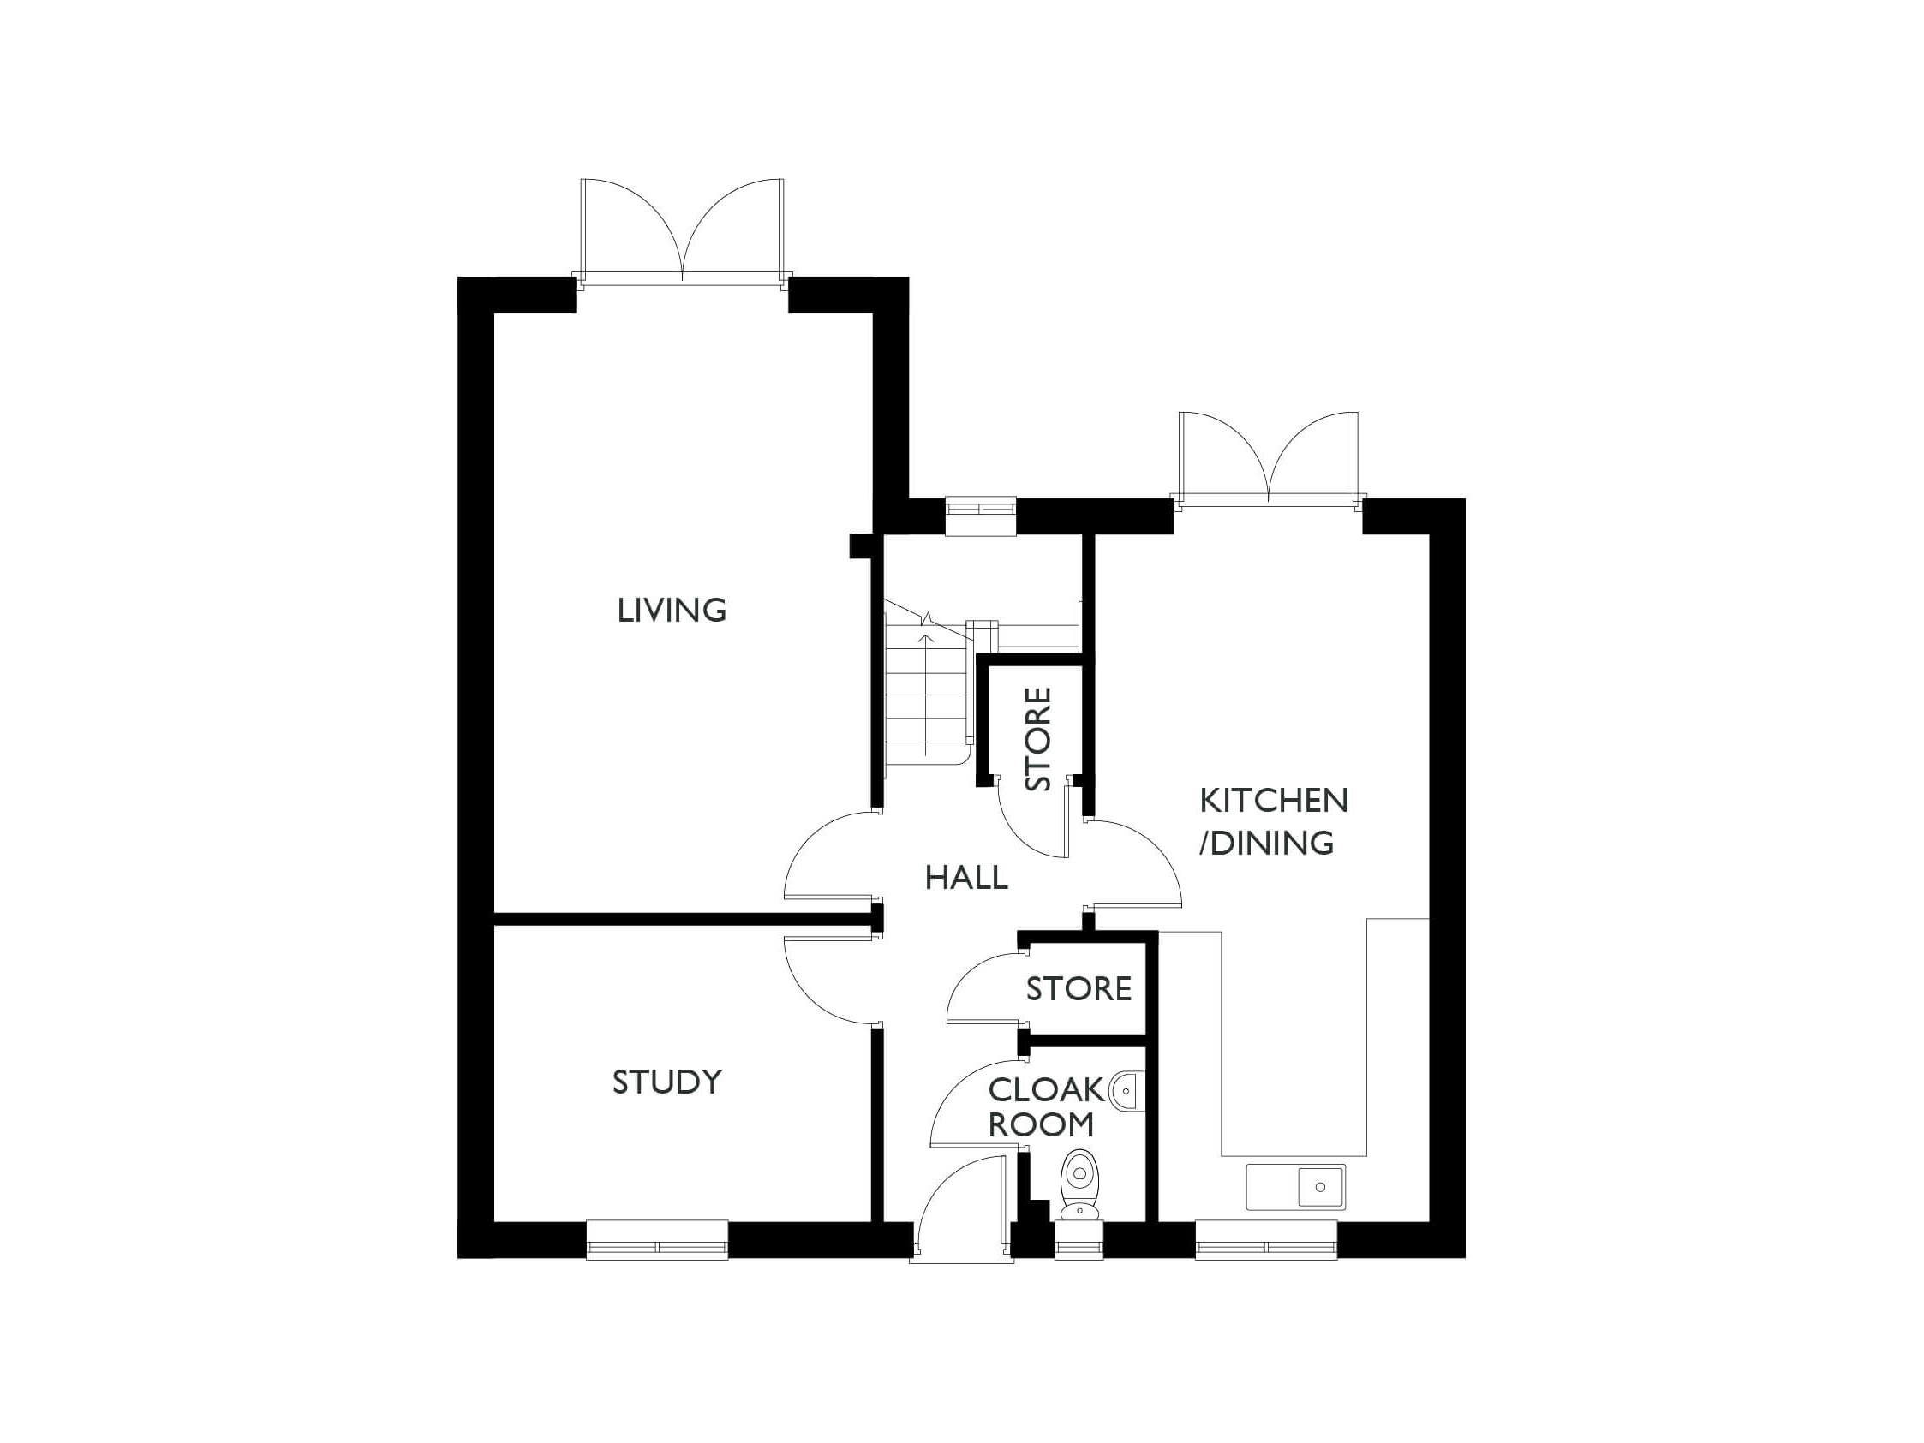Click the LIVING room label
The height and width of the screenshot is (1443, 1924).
pyautogui.click(x=672, y=611)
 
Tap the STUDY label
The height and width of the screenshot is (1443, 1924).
pyautogui.click(x=667, y=1082)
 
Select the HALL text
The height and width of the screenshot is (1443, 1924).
pyautogui.click(x=965, y=879)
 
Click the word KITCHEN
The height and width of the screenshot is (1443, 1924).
pyautogui.click(x=1274, y=800)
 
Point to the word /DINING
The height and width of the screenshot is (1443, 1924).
pyautogui.click(x=1266, y=843)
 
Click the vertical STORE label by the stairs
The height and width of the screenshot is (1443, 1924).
pyautogui.click(x=1038, y=739)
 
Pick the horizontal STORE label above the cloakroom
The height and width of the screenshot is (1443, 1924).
pyautogui.click(x=1079, y=989)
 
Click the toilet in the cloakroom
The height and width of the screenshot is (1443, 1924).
pyautogui.click(x=1079, y=1183)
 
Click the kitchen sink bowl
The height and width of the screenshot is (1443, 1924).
pyautogui.click(x=1320, y=1186)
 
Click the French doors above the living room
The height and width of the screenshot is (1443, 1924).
pyautogui.click(x=683, y=230)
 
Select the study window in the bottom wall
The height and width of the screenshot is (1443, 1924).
pyautogui.click(x=657, y=1239)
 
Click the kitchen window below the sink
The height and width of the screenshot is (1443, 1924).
pyautogui.click(x=1265, y=1239)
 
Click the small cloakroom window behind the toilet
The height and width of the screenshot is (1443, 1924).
pyautogui.click(x=1079, y=1241)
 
